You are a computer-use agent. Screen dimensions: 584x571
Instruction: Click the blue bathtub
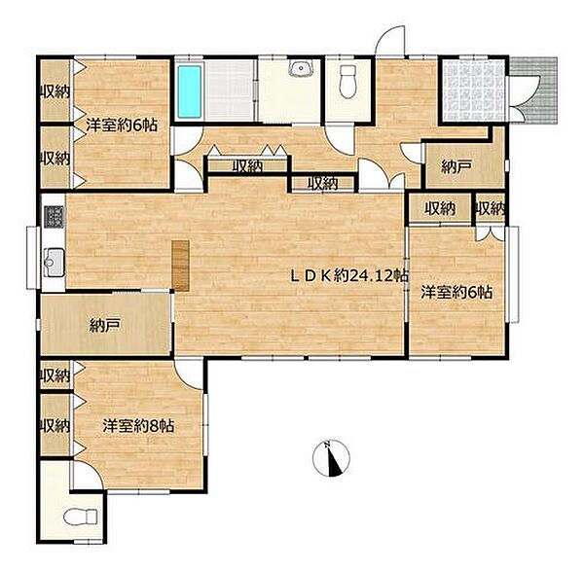coord(190,91)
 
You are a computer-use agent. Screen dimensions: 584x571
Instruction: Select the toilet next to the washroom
coord(347,82)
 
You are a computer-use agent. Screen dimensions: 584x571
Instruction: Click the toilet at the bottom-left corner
coord(80,517)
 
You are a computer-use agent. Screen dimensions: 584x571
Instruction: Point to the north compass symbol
coord(332,458)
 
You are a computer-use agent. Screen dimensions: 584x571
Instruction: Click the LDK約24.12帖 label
coord(350,276)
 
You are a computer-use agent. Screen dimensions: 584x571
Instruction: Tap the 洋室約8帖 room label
coord(138,426)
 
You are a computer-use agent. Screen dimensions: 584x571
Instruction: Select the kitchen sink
coord(54,263)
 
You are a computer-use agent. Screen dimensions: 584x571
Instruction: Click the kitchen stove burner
coord(55,217)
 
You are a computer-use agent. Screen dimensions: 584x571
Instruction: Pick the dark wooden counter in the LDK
coord(181,265)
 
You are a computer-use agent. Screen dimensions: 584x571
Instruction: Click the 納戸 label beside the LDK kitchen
coord(105,327)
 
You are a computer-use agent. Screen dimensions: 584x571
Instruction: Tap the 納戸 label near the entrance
coord(456,167)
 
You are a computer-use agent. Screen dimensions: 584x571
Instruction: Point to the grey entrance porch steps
coord(534,90)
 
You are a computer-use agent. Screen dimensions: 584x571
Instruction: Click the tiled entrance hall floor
coord(473,90)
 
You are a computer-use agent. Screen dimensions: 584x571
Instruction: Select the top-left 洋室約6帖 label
coord(122,125)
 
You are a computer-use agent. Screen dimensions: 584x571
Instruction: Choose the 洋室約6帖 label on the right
coord(456,292)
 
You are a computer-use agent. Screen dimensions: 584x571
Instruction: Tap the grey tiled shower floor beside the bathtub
coord(230,90)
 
